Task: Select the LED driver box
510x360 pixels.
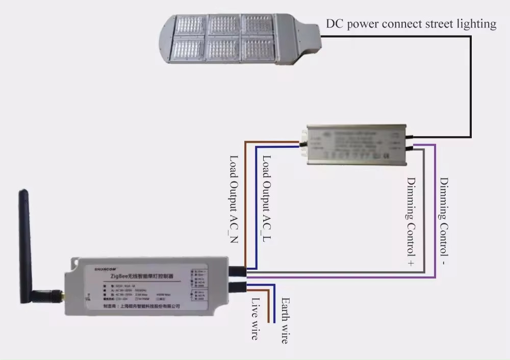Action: coord(358,144)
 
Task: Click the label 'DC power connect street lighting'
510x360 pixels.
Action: coord(411,24)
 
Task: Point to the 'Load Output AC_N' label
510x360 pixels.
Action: coord(234,199)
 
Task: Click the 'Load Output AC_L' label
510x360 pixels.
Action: coord(266,199)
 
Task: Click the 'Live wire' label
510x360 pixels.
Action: coord(255,318)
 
